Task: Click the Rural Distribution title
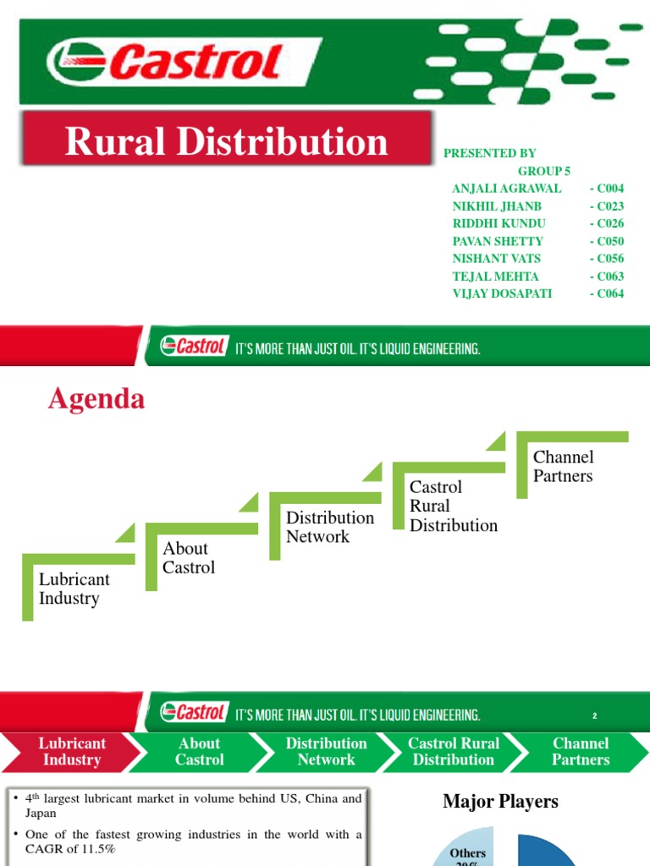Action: [x=226, y=142]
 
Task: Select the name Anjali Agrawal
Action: [x=506, y=188]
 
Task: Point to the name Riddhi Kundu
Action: [x=499, y=223]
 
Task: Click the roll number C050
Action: [x=607, y=241]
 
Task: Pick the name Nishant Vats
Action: [x=496, y=259]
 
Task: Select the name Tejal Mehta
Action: [x=495, y=277]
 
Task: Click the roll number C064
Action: [x=607, y=293]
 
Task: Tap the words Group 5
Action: [x=544, y=170]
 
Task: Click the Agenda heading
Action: [x=96, y=399]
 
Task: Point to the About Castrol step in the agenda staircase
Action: [x=189, y=558]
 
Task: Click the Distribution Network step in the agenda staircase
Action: [x=329, y=527]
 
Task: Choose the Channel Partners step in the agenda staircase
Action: [x=563, y=466]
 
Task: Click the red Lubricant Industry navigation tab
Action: [x=72, y=751]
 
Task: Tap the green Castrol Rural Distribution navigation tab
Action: [x=454, y=751]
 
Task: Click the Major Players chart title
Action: [x=500, y=802]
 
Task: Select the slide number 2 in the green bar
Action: [x=595, y=715]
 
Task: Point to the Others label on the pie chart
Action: [x=468, y=853]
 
